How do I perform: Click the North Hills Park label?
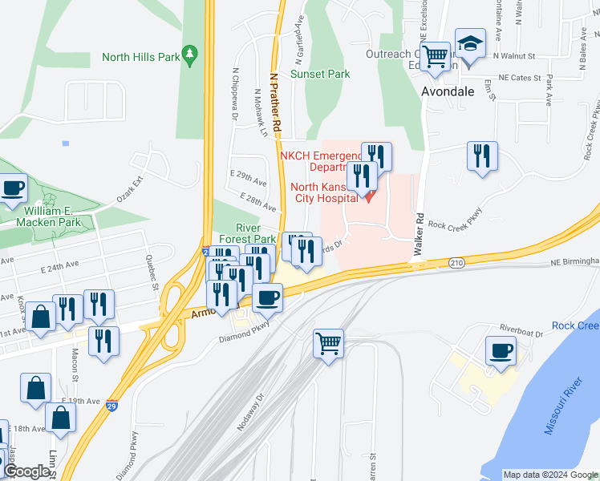(140, 57)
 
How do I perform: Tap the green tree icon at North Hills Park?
(190, 55)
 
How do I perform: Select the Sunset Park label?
(320, 74)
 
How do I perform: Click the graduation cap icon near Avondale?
(470, 44)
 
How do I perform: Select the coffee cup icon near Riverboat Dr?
(501, 351)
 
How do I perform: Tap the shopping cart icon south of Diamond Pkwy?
(329, 345)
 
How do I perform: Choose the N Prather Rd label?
(275, 103)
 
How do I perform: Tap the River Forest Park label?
(244, 233)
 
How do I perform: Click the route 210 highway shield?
(456, 262)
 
